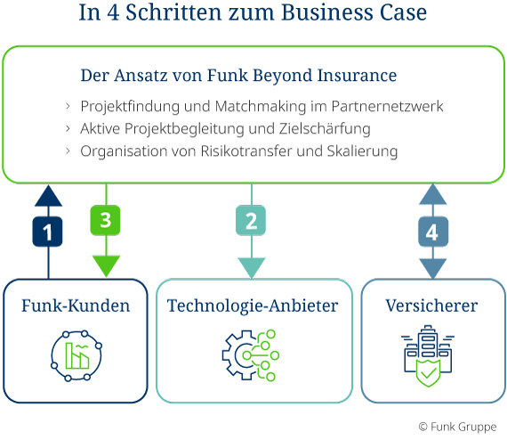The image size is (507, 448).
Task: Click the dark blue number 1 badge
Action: pos(47,232)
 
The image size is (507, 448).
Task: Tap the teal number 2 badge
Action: pos(251,221)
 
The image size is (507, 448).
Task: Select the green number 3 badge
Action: pos(106,220)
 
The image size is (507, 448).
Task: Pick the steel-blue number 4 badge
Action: pos(433,232)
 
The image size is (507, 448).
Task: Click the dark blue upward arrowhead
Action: pos(49,196)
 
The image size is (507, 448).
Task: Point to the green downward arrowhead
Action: pos(107,265)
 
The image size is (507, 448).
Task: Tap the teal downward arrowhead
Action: pos(252,268)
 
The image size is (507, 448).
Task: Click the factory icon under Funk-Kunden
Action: pos(76,355)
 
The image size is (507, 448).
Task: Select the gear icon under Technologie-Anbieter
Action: pos(250,355)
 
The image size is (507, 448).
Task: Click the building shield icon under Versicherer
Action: pos(428,356)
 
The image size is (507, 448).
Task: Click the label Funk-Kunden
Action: pos(76,305)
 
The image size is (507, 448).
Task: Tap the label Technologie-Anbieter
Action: pos(253,305)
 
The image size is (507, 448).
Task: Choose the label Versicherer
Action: pos(431,305)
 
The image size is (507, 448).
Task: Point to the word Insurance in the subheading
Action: pos(357,75)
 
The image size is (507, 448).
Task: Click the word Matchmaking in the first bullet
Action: pos(261,106)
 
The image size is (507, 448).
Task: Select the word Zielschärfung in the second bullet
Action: pos(325,128)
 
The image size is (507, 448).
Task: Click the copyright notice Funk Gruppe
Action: pos(457,427)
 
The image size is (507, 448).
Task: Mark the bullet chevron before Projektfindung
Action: pos(68,106)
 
